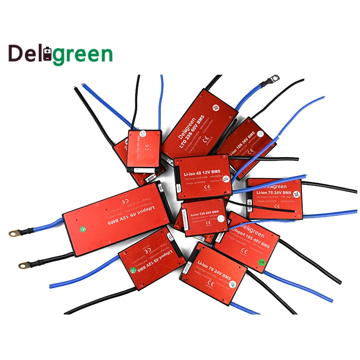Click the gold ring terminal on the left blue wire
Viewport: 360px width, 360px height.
tap(14, 234)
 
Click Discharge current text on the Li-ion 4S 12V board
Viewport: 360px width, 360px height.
tap(197, 180)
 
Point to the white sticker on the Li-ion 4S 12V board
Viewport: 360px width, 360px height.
tap(226, 179)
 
